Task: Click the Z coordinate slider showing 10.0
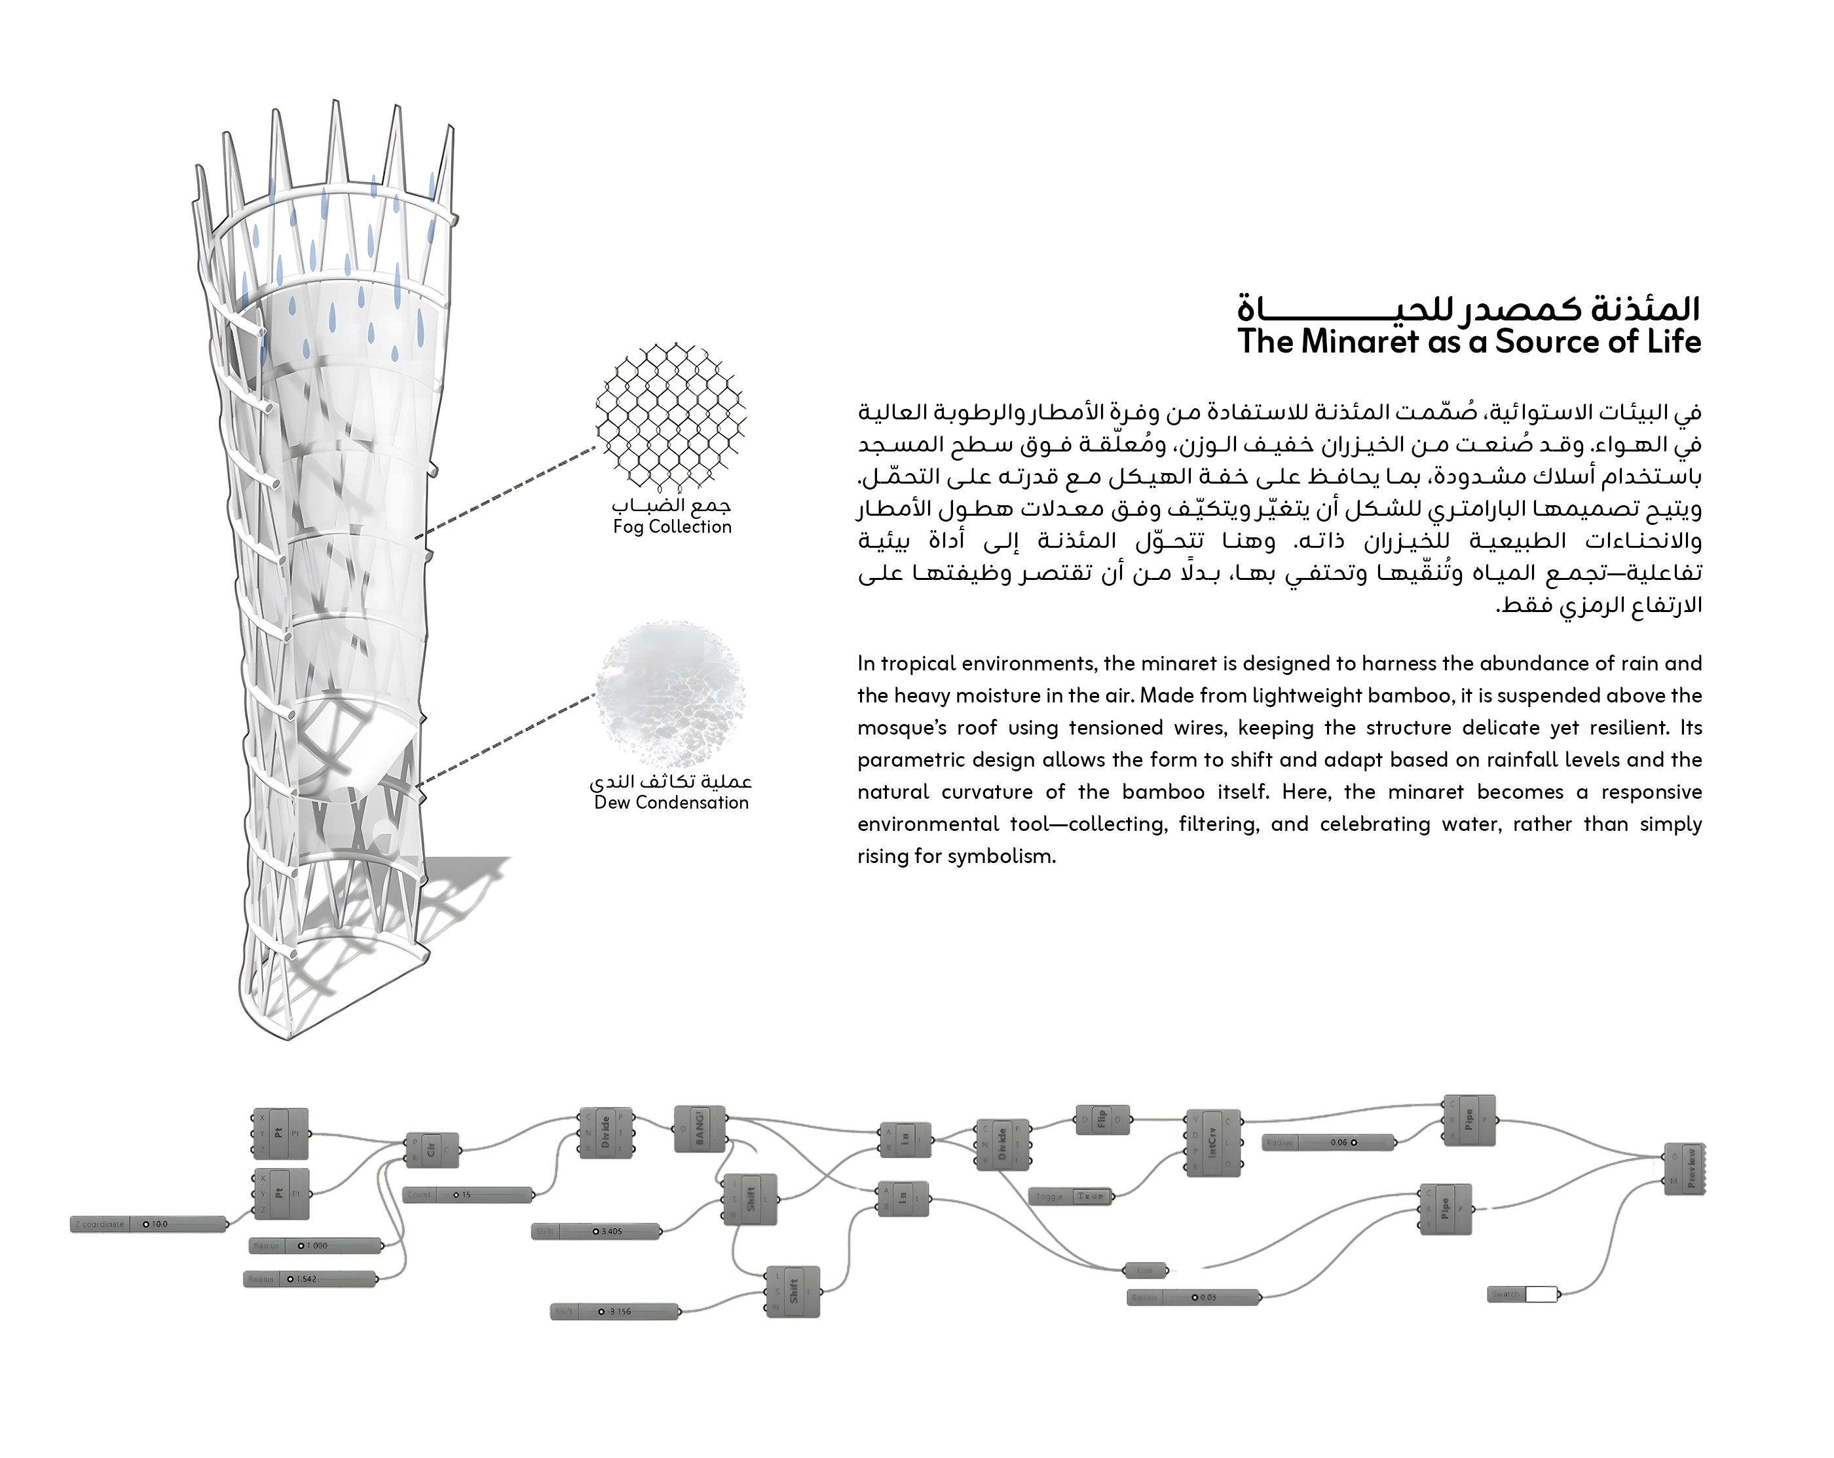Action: pos(149,1224)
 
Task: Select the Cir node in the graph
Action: pos(432,1150)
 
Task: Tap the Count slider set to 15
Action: pos(468,1195)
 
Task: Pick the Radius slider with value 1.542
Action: pos(310,1279)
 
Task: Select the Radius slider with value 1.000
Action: pos(316,1246)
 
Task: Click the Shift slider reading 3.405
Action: pos(596,1231)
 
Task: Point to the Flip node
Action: pos(1102,1120)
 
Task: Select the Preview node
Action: pos(1684,1168)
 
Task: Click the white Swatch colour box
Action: pos(1541,1295)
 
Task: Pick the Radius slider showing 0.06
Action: pos(1330,1143)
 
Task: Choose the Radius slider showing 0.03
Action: pos(1193,1298)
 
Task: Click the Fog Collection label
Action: pos(672,527)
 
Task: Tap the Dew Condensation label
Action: pos(671,803)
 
